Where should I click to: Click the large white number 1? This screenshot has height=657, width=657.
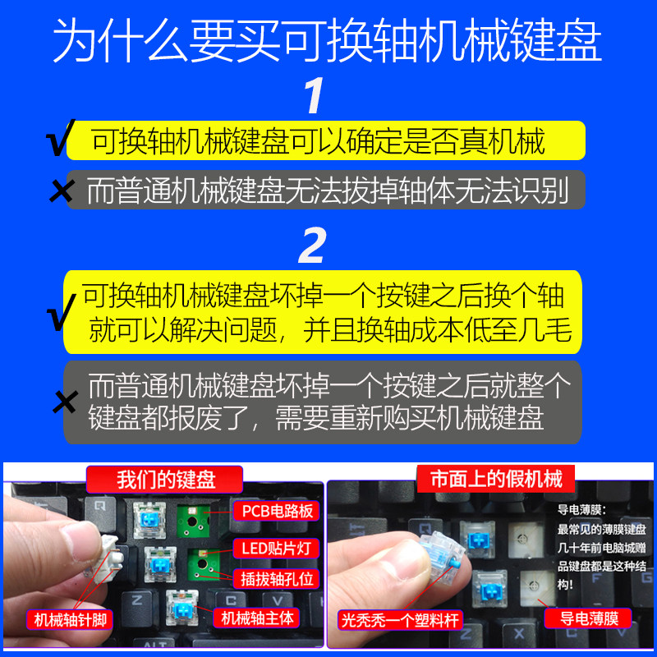[314, 95]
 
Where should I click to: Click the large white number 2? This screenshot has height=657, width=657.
[312, 245]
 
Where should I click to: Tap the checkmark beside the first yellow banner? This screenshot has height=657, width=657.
[60, 137]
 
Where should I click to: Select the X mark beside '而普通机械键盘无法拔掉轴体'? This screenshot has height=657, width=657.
[62, 191]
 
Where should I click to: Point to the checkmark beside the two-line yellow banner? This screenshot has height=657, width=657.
[61, 312]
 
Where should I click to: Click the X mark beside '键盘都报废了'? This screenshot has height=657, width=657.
[65, 402]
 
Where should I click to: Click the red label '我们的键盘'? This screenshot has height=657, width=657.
[165, 480]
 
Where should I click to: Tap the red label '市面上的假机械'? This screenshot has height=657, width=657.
[496, 479]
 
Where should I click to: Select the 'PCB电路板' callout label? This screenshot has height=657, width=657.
[277, 511]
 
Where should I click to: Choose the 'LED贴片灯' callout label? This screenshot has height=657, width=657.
[277, 548]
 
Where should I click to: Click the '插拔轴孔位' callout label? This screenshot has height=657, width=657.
[277, 579]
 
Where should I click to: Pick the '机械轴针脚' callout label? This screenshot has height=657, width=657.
[70, 620]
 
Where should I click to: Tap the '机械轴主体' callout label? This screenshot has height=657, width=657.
[256, 618]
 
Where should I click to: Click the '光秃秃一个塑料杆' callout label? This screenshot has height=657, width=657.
[400, 620]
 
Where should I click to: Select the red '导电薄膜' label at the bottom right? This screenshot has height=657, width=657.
[588, 618]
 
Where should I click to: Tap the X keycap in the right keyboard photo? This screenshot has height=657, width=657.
[519, 633]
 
